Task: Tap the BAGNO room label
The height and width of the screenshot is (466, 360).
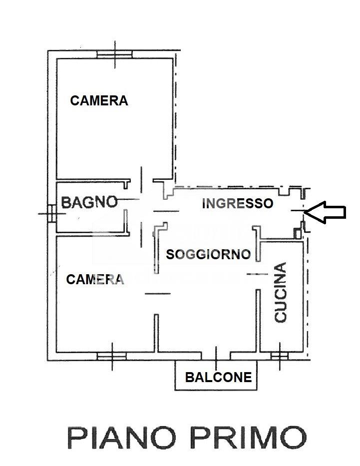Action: coord(89,202)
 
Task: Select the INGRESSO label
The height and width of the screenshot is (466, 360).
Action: coord(237,204)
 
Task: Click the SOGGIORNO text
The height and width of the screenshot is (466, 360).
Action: coord(208,254)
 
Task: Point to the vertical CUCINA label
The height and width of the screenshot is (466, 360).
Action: coord(281,292)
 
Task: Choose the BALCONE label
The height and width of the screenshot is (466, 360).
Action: coord(219,377)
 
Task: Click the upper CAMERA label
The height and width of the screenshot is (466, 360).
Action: coord(99,100)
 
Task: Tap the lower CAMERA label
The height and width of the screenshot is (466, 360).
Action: coord(95,279)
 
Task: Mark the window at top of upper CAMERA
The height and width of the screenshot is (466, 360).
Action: coord(115,54)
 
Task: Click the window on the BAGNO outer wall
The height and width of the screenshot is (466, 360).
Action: coord(52,213)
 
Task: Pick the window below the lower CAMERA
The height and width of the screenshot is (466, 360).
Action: coord(112,356)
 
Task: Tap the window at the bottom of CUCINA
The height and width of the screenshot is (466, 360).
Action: coord(280,356)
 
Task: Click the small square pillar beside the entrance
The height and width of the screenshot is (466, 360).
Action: coord(297,233)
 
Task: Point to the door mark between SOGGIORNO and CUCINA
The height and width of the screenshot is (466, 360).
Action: coord(257,274)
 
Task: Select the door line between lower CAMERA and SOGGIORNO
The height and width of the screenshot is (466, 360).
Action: coord(158,294)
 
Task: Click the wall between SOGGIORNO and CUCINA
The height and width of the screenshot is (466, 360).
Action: coord(258,321)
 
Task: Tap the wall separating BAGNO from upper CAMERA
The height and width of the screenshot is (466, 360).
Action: coord(93,180)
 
